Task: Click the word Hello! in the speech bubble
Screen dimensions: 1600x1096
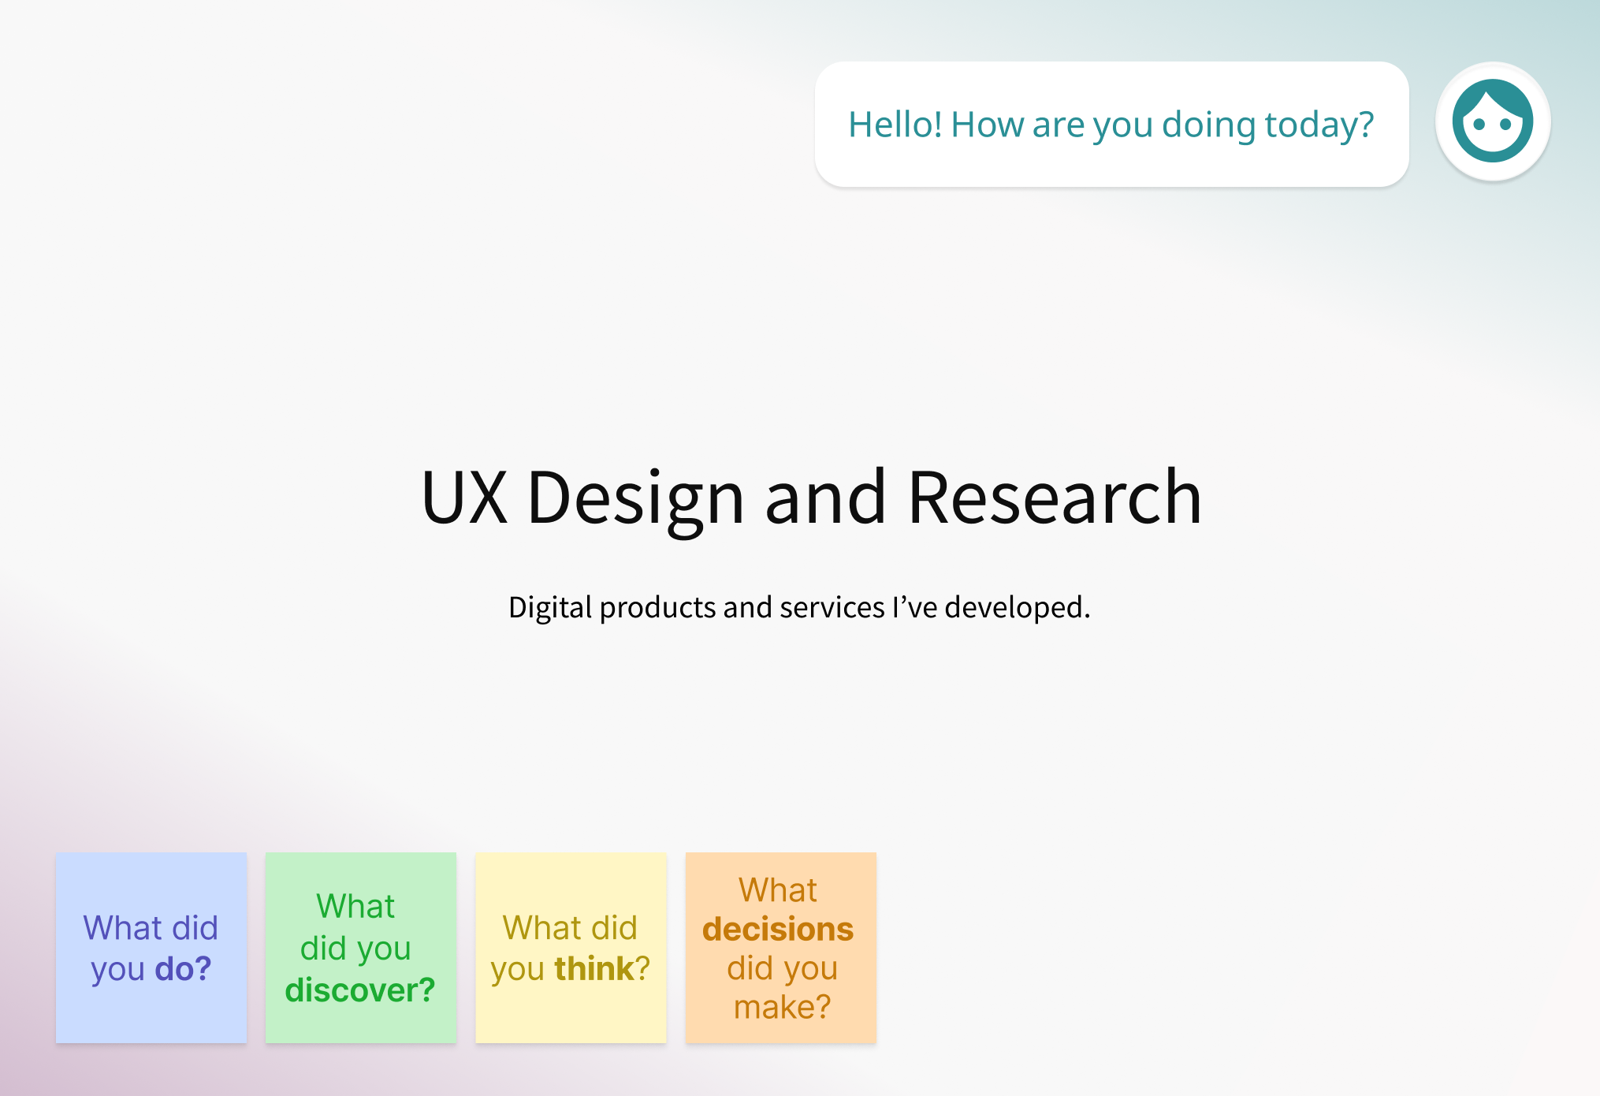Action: coord(895,125)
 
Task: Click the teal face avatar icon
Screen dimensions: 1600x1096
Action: coord(1493,121)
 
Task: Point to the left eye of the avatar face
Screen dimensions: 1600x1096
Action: coord(1479,124)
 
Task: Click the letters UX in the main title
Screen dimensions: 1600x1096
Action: coord(464,497)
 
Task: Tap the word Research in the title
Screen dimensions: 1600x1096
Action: coord(1055,497)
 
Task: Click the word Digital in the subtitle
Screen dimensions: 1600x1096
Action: coord(550,608)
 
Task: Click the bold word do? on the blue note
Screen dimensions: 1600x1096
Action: coord(183,968)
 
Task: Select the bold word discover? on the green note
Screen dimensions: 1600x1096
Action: coord(360,990)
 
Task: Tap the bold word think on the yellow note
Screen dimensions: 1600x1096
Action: coord(594,968)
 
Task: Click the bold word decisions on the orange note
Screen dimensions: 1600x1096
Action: coord(778,929)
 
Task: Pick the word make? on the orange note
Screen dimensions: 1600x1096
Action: coord(782,1007)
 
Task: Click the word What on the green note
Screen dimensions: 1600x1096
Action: coord(355,906)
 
